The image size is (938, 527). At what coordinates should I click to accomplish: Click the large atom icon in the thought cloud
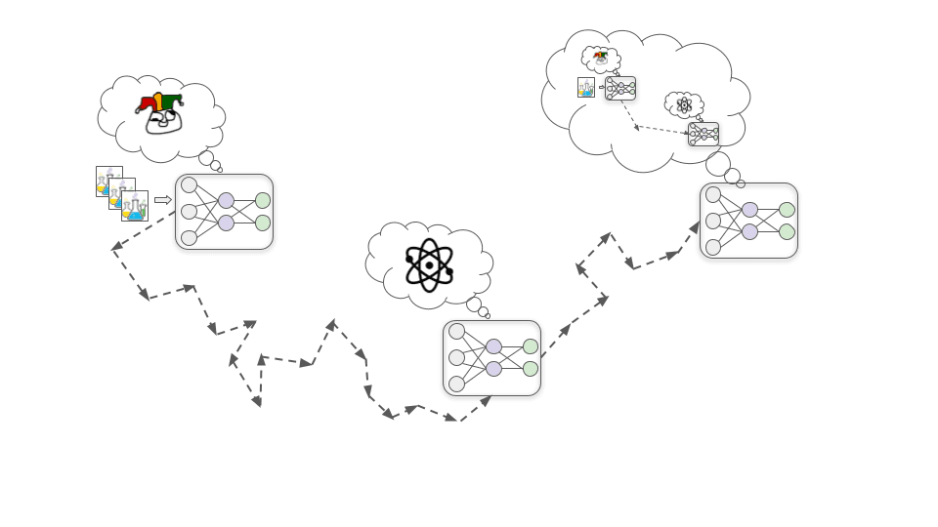pyautogui.click(x=429, y=264)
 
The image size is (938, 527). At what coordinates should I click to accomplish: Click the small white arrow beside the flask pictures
pyautogui.click(x=163, y=200)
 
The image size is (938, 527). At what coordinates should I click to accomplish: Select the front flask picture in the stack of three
pyautogui.click(x=135, y=206)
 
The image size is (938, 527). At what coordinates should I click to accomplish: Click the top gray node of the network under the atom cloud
pyautogui.click(x=456, y=331)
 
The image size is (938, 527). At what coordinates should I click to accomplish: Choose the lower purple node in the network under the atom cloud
pyautogui.click(x=493, y=369)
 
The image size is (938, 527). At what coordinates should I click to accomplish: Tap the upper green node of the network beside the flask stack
pyautogui.click(x=263, y=200)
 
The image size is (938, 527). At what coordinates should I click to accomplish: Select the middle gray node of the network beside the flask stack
pyautogui.click(x=189, y=211)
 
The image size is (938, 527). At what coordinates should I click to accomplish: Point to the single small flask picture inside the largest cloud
pyautogui.click(x=586, y=88)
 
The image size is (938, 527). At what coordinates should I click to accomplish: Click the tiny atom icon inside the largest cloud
pyautogui.click(x=684, y=104)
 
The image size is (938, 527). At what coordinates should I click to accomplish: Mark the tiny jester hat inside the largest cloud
pyautogui.click(x=600, y=55)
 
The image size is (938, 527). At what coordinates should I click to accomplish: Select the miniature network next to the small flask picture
pyautogui.click(x=620, y=89)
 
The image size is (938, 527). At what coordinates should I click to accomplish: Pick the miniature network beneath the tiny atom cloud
pyautogui.click(x=703, y=134)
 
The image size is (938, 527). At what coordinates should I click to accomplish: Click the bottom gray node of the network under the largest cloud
pyautogui.click(x=713, y=247)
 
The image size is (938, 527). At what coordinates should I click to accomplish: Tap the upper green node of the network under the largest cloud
pyautogui.click(x=787, y=209)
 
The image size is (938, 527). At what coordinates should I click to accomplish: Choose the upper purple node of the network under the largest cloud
pyautogui.click(x=749, y=209)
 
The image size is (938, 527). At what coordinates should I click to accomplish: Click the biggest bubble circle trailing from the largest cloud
pyautogui.click(x=717, y=163)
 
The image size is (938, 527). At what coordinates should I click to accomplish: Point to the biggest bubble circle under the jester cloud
pyautogui.click(x=206, y=158)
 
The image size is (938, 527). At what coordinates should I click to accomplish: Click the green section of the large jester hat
pyautogui.click(x=172, y=101)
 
